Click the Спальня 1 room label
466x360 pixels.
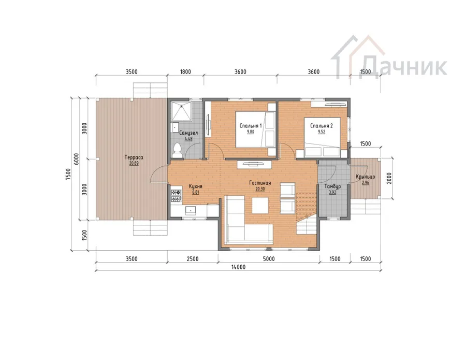251,126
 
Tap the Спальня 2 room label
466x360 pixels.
321,126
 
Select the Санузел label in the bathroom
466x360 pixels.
188,133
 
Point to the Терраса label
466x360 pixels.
134,157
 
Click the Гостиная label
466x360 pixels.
260,183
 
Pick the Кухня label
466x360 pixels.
196,186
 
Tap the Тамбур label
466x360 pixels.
332,186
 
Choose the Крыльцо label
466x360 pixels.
365,177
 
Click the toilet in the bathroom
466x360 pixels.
178,150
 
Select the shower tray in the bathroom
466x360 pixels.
181,111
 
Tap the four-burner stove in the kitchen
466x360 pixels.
176,196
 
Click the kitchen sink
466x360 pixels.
190,210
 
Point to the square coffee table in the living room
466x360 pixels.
260,206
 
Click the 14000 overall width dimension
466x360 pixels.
238,267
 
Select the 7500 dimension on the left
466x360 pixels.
68,175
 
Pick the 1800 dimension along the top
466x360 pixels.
185,72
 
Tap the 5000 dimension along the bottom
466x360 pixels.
269,259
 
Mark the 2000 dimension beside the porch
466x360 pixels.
389,178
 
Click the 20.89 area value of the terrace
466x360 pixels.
134,163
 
